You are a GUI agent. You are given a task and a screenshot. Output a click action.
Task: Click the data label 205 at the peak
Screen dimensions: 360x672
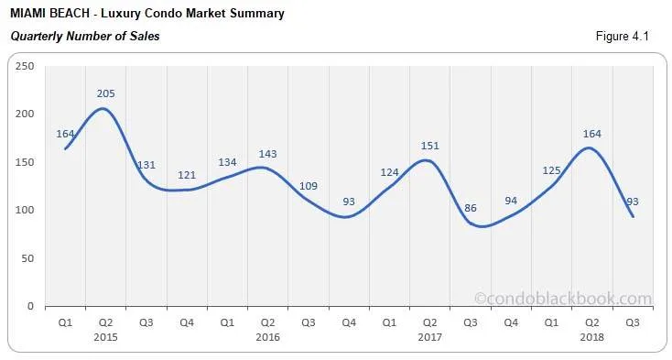point(105,93)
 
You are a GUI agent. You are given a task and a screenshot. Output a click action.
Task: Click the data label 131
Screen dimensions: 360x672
point(146,165)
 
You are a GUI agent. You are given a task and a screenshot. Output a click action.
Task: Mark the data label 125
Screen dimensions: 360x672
point(551,170)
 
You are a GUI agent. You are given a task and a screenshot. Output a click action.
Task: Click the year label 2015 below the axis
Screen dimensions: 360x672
point(105,337)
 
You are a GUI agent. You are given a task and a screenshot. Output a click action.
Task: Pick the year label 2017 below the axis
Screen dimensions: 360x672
point(429,337)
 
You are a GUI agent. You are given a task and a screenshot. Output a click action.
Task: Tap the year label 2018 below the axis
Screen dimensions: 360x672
point(591,337)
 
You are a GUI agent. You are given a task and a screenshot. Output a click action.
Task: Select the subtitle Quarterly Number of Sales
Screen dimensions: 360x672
point(84,37)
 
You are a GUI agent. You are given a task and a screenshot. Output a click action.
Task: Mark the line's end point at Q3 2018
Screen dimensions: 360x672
point(632,216)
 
